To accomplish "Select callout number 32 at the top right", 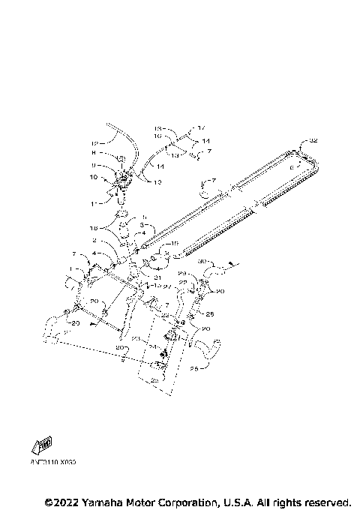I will [313, 140].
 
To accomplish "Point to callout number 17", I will [200, 128].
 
